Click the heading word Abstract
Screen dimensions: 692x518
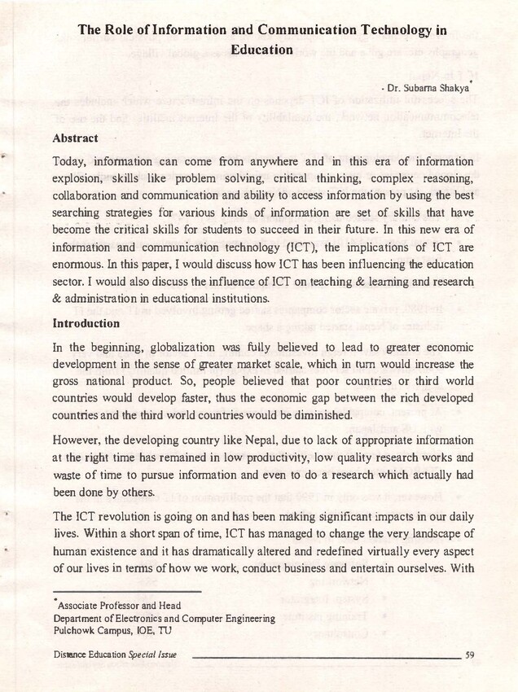(x=75, y=138)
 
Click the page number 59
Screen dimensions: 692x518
(x=470, y=654)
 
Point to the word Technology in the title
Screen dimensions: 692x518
(x=393, y=31)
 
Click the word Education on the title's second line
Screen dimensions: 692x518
(x=261, y=50)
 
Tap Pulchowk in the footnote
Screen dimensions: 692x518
(x=75, y=630)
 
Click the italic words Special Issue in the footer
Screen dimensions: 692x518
(x=152, y=654)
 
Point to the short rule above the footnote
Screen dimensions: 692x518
(x=126, y=591)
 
